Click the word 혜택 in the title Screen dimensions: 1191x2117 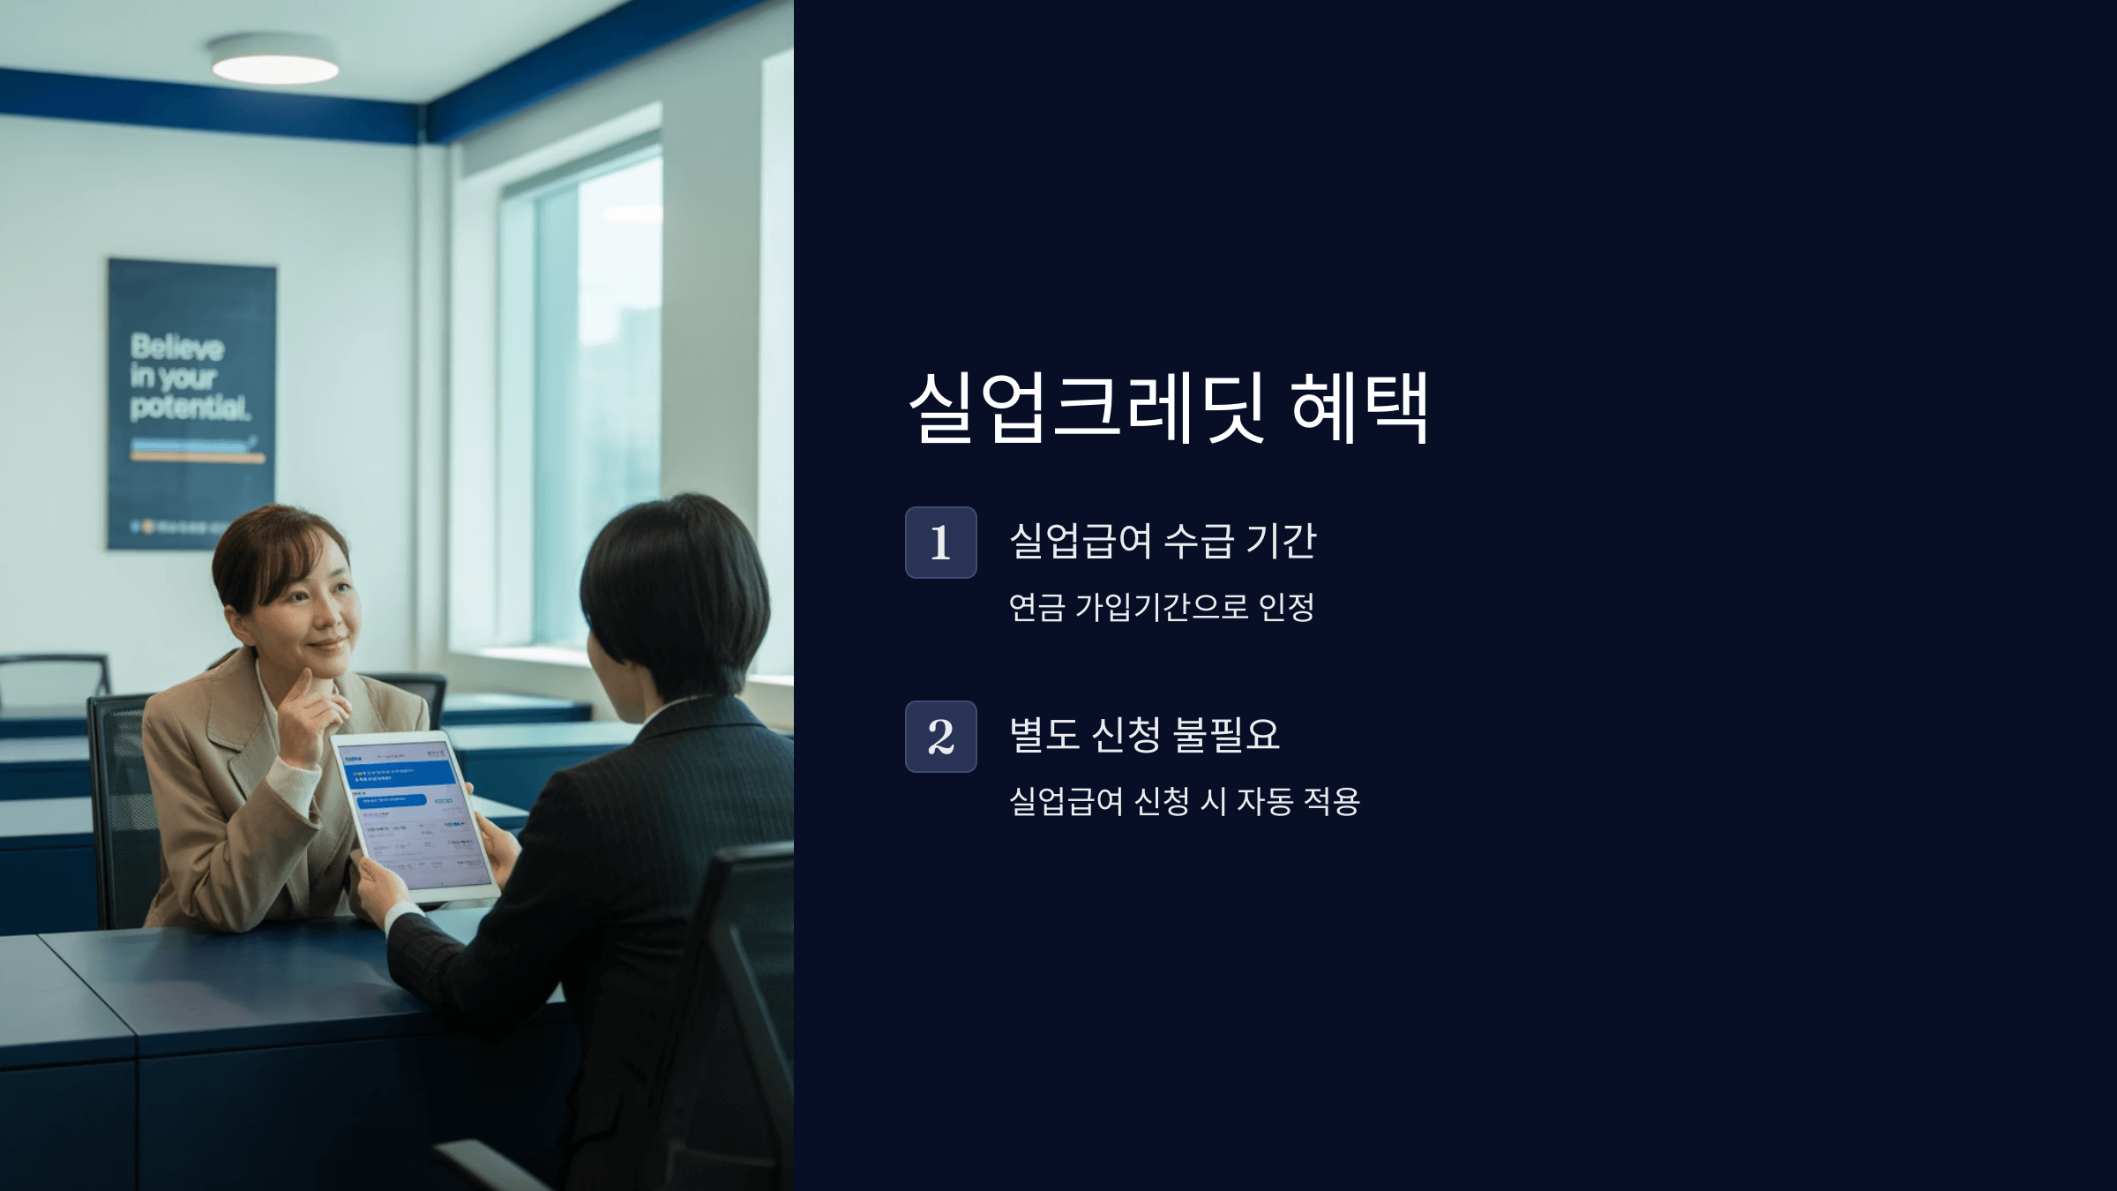[1359, 408]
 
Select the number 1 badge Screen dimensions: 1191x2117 [940, 543]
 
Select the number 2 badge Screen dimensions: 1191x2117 [940, 737]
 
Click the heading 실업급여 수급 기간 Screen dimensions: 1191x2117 [1162, 541]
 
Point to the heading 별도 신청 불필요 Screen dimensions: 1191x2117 [1144, 735]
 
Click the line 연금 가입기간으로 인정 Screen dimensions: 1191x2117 [1161, 607]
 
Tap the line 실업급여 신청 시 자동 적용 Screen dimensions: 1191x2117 [1184, 801]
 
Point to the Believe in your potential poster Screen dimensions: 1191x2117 [191, 403]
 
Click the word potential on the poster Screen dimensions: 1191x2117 [190, 408]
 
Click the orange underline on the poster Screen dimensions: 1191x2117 [198, 459]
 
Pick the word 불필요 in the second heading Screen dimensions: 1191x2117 [1226, 735]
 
